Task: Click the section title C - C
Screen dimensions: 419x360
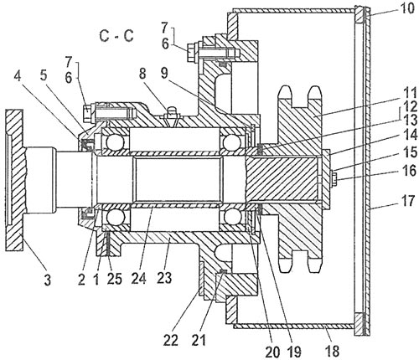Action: tap(116, 36)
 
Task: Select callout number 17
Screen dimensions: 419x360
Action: tap(407, 200)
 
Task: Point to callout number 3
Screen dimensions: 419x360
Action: tap(48, 280)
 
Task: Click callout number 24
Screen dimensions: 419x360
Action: tap(138, 278)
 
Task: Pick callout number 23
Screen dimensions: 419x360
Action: tap(164, 278)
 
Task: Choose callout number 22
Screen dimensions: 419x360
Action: tap(171, 340)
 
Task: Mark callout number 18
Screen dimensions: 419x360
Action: tap(332, 351)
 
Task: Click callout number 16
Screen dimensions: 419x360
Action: tap(410, 170)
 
